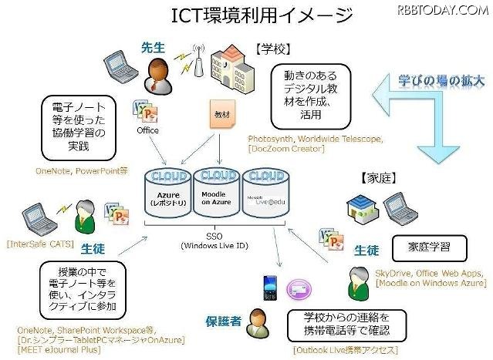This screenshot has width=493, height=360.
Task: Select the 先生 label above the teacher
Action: tap(153, 48)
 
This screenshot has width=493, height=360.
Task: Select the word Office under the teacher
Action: tap(147, 131)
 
